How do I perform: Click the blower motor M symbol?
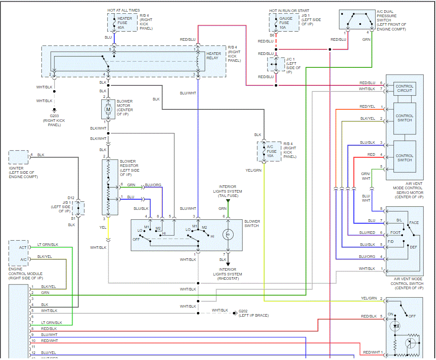pyautogui.click(x=108, y=109)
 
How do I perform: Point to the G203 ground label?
pyautogui.click(x=54, y=116)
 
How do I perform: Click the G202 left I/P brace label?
pyautogui.click(x=254, y=313)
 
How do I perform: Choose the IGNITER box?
pyautogui.click(x=18, y=157)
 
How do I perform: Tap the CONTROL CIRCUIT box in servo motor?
pyautogui.click(x=404, y=88)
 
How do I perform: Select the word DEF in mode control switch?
pyautogui.click(x=413, y=247)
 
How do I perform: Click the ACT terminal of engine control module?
pyautogui.click(x=23, y=248)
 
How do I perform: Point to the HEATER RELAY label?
pyautogui.click(x=213, y=56)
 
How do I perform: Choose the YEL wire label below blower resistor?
pyautogui.click(x=103, y=227)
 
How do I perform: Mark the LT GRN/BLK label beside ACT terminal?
pyautogui.click(x=48, y=245)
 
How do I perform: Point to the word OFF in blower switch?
pyautogui.click(x=136, y=239)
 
